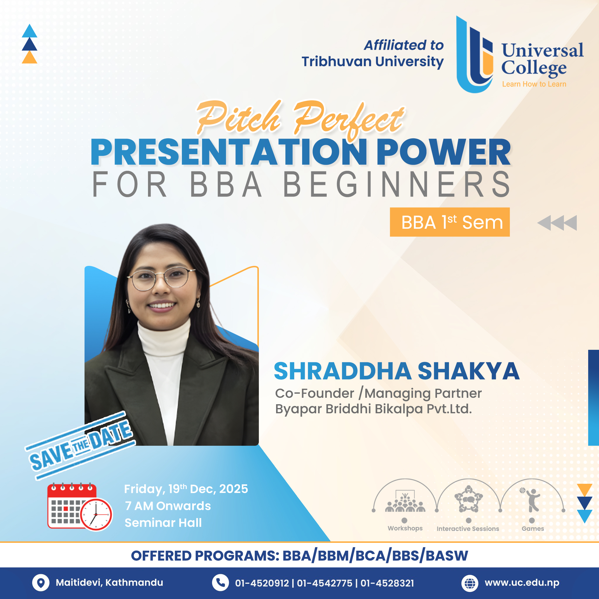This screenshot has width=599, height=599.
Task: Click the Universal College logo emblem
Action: click(475, 55)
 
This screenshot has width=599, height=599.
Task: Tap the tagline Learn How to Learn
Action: click(534, 84)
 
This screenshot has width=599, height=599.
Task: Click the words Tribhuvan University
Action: click(372, 62)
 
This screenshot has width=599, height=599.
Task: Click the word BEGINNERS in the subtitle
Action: click(397, 185)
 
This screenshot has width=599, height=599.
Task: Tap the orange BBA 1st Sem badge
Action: click(450, 222)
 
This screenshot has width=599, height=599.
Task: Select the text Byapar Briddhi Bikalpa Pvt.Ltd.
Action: click(373, 409)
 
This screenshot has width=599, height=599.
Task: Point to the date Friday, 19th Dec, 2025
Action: click(186, 489)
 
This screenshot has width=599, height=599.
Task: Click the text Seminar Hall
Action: click(163, 523)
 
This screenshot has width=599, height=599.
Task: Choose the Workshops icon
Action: click(405, 502)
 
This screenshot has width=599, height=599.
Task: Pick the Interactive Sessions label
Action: click(468, 529)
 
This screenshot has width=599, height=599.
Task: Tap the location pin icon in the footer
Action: click(41, 583)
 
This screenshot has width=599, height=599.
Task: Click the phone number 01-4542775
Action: click(324, 583)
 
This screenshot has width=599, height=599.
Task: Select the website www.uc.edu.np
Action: click(522, 583)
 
